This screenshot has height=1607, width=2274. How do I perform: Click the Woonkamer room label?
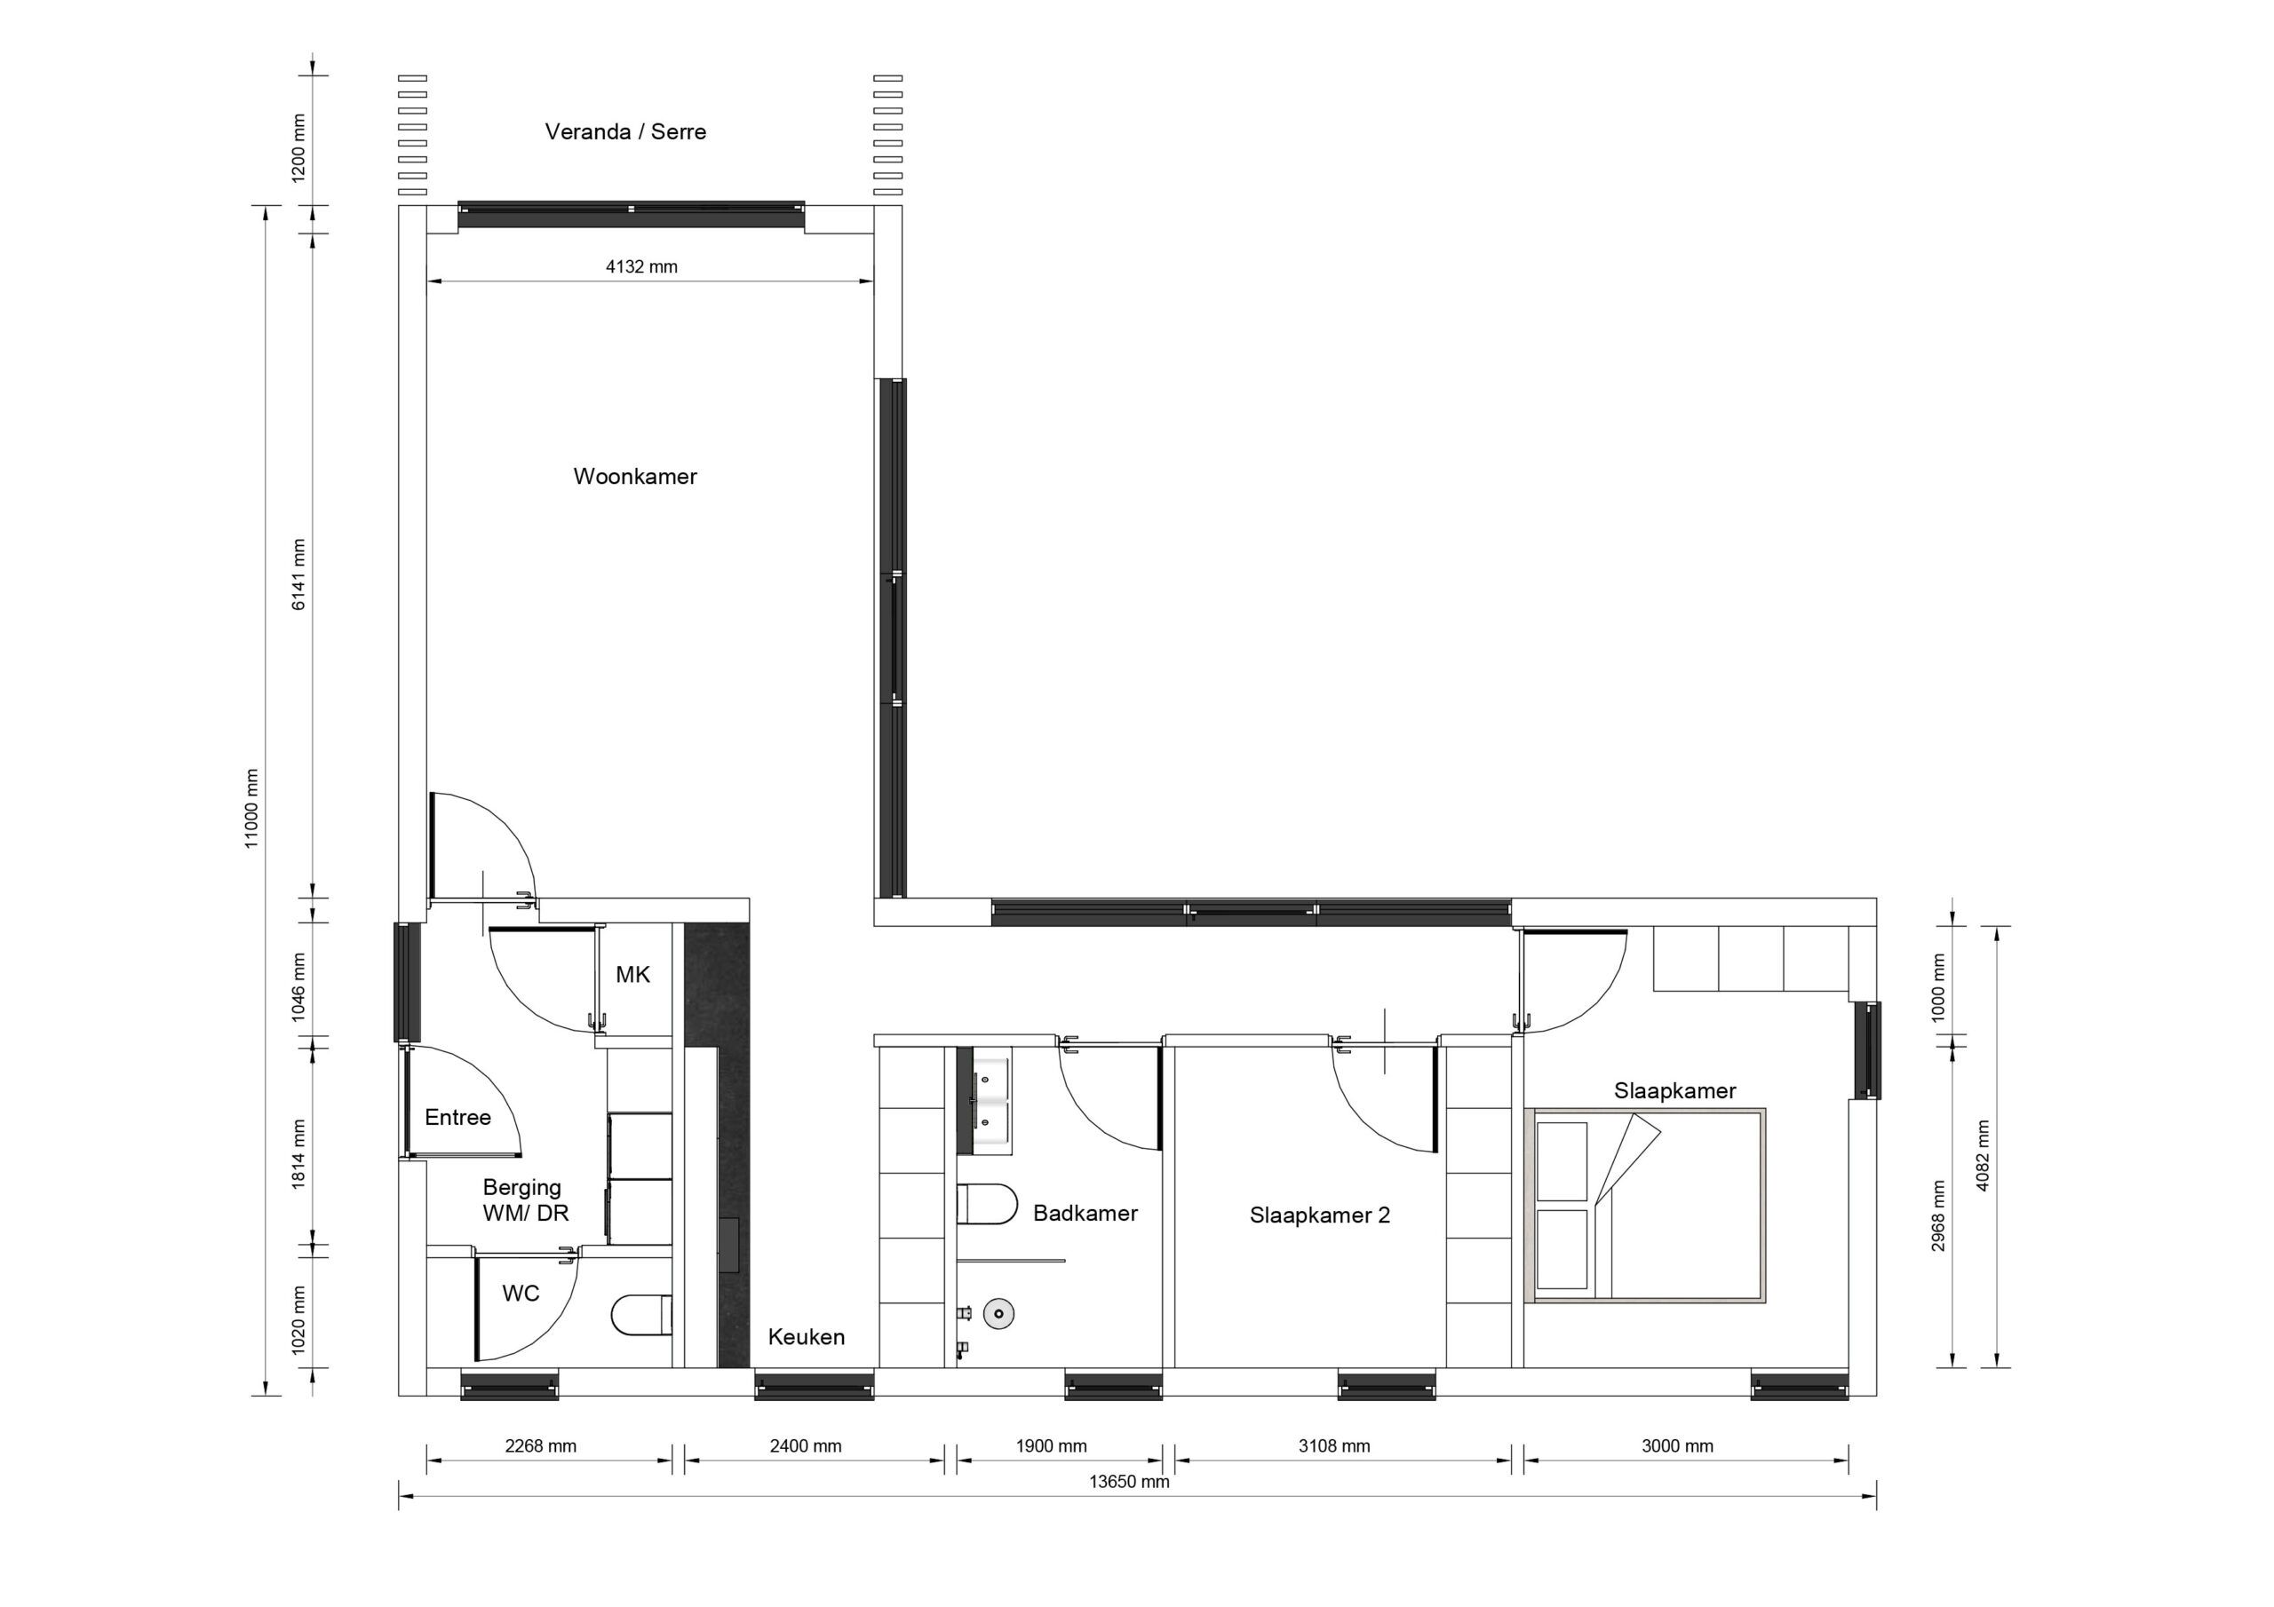coord(635,476)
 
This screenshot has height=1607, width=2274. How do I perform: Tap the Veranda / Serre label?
coord(625,131)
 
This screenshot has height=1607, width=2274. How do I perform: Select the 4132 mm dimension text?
coord(640,266)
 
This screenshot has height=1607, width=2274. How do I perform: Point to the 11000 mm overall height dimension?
coord(251,808)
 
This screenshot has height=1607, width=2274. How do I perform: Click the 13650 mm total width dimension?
coord(1128,1482)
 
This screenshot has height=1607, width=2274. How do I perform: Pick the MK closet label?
coord(632,974)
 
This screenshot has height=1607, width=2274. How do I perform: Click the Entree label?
coord(457,1117)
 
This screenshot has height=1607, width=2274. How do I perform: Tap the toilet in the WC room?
coord(643,1315)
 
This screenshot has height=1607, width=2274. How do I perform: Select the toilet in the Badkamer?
coord(988,1204)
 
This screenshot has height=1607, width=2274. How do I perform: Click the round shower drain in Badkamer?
coord(998,1314)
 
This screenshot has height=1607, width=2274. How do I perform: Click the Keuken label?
coord(807,1337)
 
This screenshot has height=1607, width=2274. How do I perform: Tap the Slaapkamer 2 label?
coord(1319,1215)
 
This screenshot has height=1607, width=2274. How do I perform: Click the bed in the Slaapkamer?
coord(1649,1206)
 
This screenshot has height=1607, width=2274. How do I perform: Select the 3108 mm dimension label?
coord(1334,1445)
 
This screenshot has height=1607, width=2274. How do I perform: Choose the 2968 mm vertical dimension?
coord(1938,1215)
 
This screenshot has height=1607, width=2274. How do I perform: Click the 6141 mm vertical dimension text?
coord(299,574)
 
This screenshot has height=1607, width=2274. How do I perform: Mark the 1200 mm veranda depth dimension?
coord(299,148)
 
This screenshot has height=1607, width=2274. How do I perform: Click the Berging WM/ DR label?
coord(524,1199)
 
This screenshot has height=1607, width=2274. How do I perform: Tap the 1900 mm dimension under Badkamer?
coord(1051,1445)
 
